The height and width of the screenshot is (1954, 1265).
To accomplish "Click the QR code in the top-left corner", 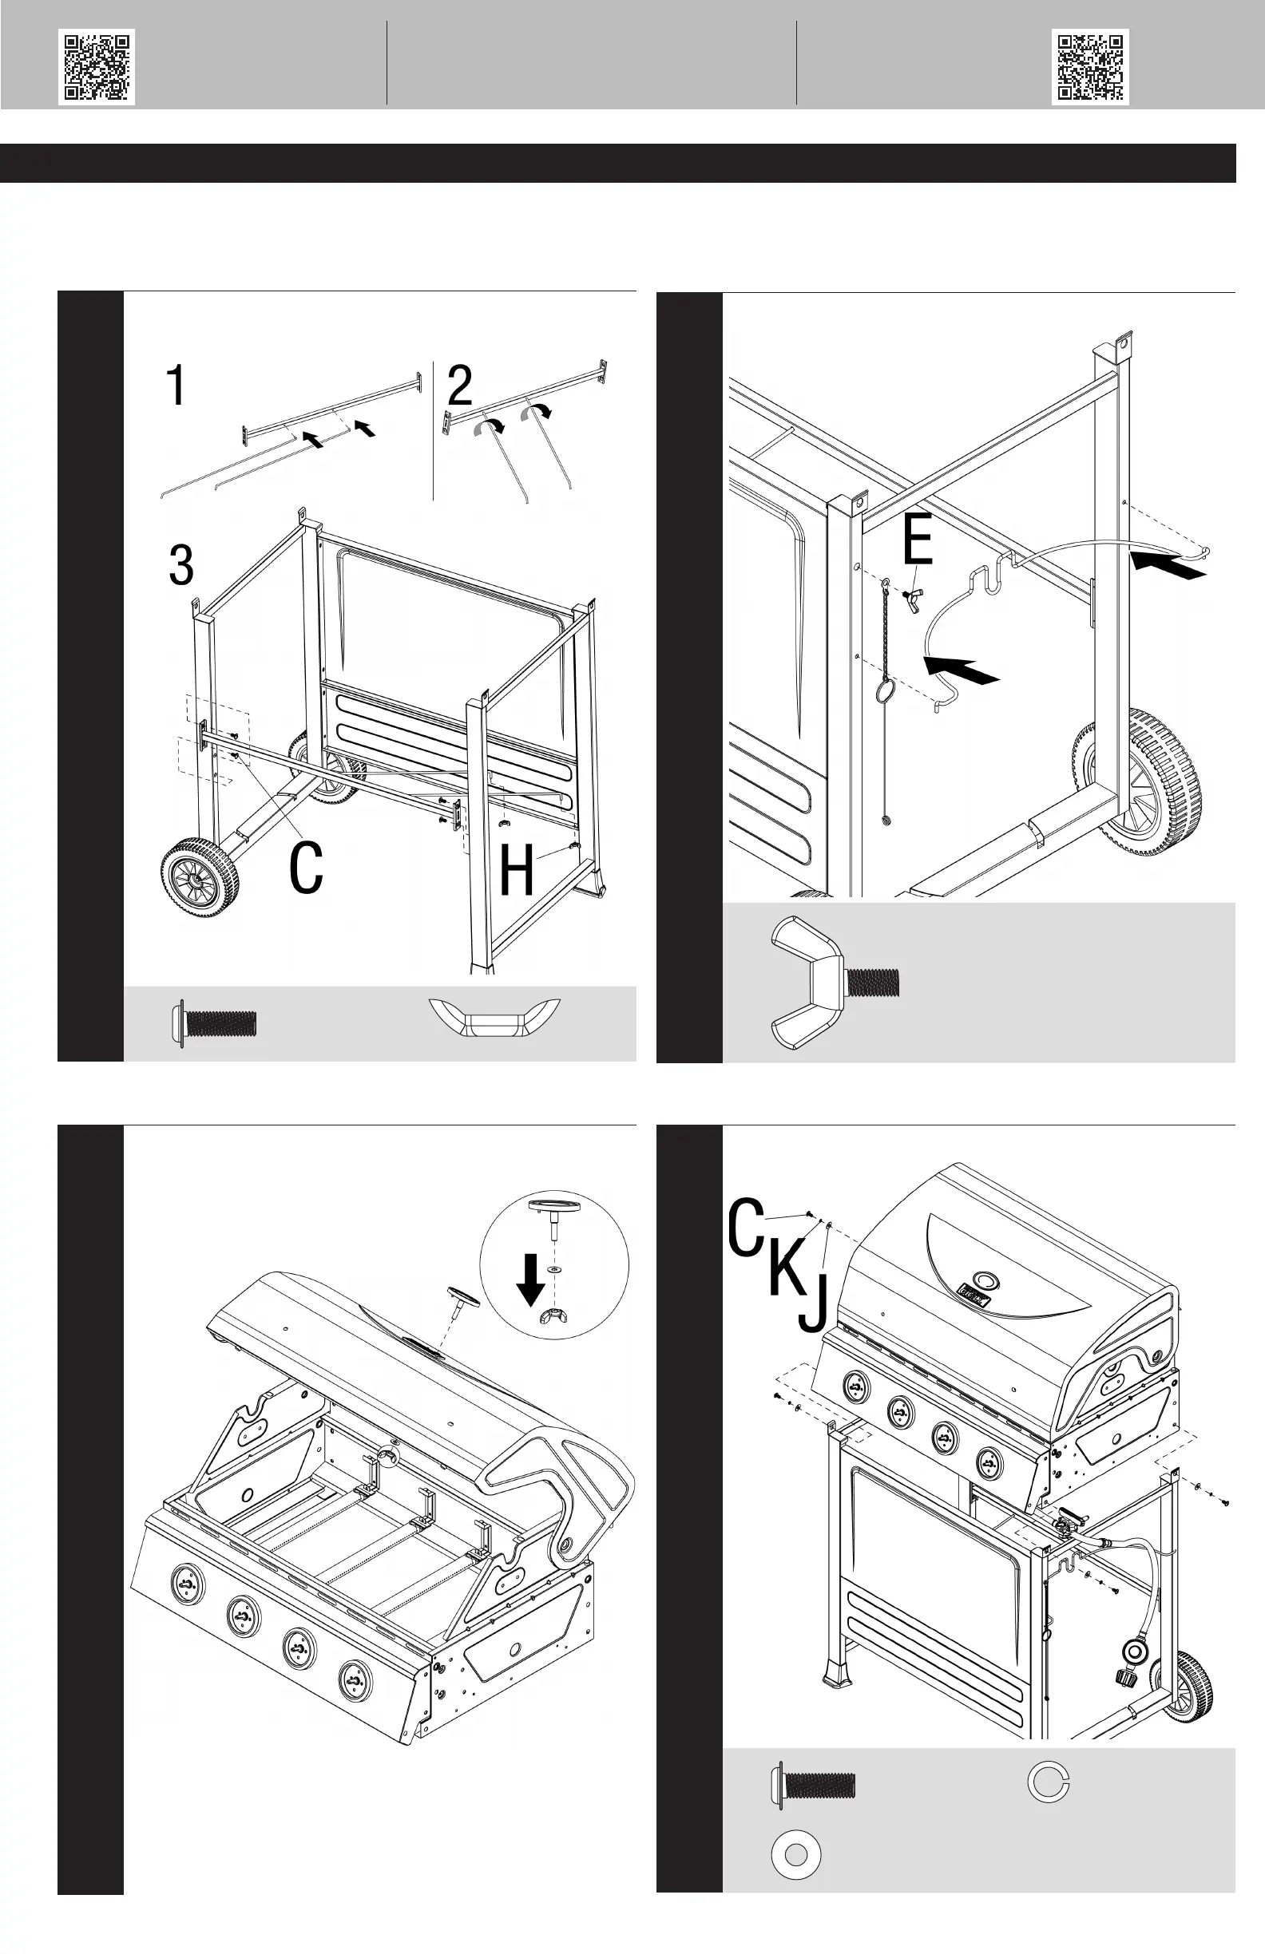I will pos(96,67).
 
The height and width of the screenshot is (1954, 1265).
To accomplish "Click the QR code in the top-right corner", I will pos(1090,67).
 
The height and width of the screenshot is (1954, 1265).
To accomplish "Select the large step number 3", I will pos(181,565).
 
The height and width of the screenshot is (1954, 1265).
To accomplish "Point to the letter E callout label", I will pos(918,540).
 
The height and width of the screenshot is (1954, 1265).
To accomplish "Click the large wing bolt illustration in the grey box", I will pos(834,982).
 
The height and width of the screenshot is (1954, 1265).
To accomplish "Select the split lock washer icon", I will pos(1048,1782).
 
